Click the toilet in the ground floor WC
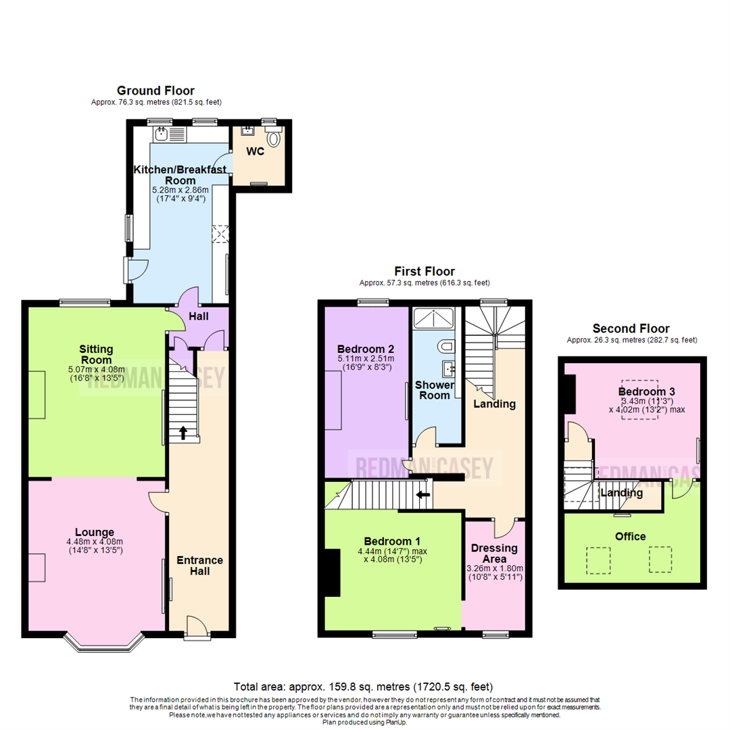pyautogui.click(x=274, y=139)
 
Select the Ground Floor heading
pyautogui.click(x=155, y=91)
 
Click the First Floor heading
pyautogui.click(x=424, y=272)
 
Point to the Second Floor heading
pyautogui.click(x=631, y=328)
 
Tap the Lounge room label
pyautogui.click(x=95, y=532)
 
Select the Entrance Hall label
pyautogui.click(x=199, y=566)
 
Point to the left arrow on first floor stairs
pyautogui.click(x=424, y=494)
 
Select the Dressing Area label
pyautogui.click(x=494, y=554)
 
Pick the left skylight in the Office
pyautogui.click(x=595, y=559)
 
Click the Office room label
pyautogui.click(x=630, y=536)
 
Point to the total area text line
pyautogui.click(x=364, y=687)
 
